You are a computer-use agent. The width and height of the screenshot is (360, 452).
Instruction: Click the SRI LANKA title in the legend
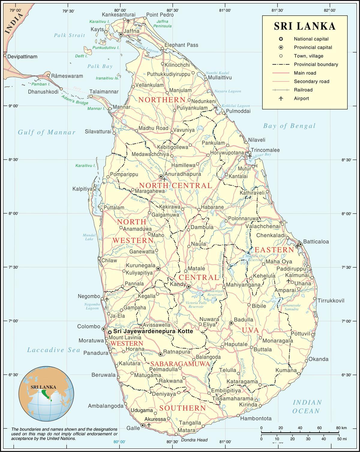coord(304,26)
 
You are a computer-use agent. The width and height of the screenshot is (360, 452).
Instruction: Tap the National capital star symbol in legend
coord(281,39)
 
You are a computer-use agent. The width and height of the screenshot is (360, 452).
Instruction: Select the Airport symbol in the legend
coord(281,98)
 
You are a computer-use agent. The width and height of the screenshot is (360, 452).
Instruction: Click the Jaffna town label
coord(132,31)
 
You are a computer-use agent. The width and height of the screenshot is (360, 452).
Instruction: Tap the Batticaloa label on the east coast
coord(316,242)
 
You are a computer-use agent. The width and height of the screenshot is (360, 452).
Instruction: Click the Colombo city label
coord(88,327)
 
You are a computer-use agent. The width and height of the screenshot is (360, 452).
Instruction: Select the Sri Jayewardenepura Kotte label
coord(153,332)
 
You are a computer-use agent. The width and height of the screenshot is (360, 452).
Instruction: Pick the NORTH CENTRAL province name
coord(175,186)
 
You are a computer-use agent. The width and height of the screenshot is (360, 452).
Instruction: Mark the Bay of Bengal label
coord(289,126)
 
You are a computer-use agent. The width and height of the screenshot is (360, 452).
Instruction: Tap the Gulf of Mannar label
coord(46,132)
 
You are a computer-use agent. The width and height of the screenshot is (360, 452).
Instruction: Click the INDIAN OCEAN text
coord(307,406)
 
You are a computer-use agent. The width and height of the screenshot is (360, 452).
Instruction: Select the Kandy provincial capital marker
coord(189,287)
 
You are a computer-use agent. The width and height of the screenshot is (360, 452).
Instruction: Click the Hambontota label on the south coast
coord(256,418)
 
